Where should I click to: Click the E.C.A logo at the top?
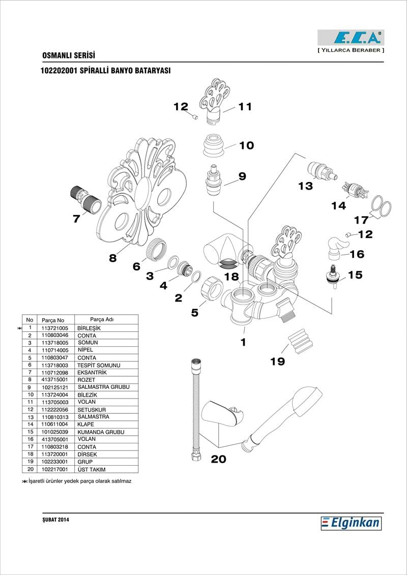click(x=351, y=38)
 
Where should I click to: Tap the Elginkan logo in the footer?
click(x=351, y=523)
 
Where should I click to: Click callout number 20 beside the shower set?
click(x=218, y=459)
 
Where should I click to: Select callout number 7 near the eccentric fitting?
click(x=76, y=219)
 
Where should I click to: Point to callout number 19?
click(x=278, y=361)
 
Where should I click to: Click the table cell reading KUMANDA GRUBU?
click(x=101, y=432)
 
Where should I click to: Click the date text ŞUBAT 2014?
click(x=55, y=520)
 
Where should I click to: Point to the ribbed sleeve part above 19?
click(x=299, y=340)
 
